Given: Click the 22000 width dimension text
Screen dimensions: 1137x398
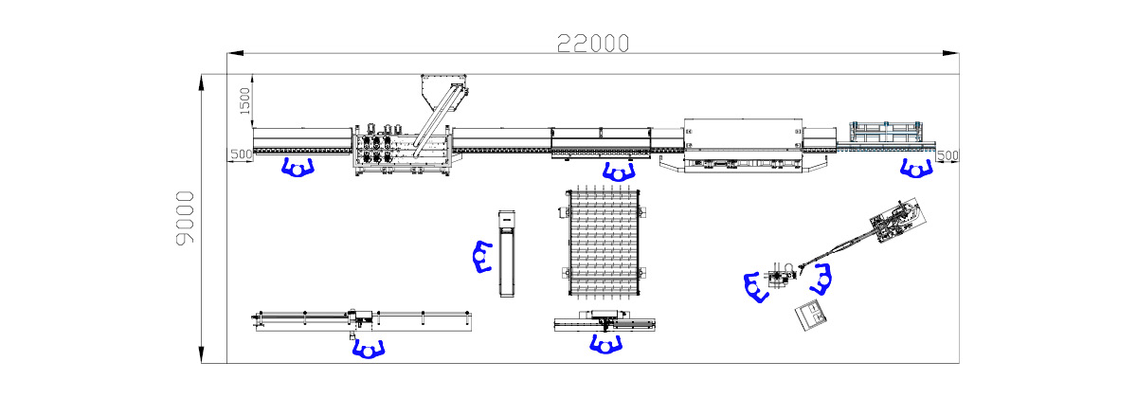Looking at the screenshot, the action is click(x=593, y=44).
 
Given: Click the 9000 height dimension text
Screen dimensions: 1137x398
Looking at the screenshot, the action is click(x=186, y=218).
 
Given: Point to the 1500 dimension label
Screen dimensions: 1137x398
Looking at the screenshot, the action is click(x=244, y=100).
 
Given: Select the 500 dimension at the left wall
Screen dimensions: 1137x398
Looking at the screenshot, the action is click(x=241, y=154).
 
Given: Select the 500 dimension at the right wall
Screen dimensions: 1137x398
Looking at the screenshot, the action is click(x=947, y=155).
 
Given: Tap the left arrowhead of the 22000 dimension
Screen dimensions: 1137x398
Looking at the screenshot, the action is click(x=235, y=53).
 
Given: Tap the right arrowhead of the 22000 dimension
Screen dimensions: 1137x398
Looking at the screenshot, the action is click(x=950, y=53).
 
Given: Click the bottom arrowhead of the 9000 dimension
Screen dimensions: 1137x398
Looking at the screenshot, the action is click(x=202, y=354).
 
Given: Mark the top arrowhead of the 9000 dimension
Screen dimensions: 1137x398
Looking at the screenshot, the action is click(x=202, y=82).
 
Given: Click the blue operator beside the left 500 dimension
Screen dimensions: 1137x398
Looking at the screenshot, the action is click(x=298, y=168).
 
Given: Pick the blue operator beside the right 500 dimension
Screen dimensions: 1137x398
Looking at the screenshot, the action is click(x=916, y=169).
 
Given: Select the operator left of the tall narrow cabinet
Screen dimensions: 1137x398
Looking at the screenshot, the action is click(x=482, y=257).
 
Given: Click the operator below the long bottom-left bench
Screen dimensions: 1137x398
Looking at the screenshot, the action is click(x=369, y=349).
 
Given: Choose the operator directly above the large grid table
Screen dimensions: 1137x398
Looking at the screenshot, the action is click(x=619, y=172).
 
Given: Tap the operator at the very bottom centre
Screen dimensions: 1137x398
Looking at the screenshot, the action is click(x=605, y=345).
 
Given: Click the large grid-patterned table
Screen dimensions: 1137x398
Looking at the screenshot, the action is click(x=604, y=243).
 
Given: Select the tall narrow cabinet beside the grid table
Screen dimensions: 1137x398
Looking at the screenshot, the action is click(x=507, y=253).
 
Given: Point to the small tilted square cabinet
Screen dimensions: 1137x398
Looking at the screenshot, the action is click(x=811, y=316).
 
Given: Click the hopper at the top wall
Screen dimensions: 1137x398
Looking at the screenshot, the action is click(x=443, y=93).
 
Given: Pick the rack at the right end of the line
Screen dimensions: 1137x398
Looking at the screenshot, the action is click(x=886, y=132).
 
